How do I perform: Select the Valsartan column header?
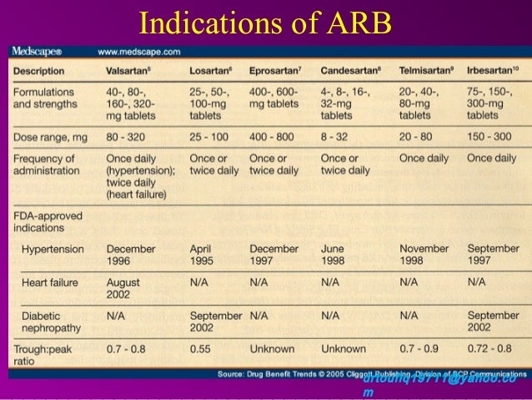tap(128, 71)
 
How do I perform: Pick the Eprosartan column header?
tap(276, 71)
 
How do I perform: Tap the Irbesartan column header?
tap(494, 71)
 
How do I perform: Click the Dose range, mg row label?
tap(50, 135)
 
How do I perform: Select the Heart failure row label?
tap(50, 283)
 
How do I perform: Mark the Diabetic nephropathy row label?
tap(51, 322)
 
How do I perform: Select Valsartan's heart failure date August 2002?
tap(123, 289)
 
